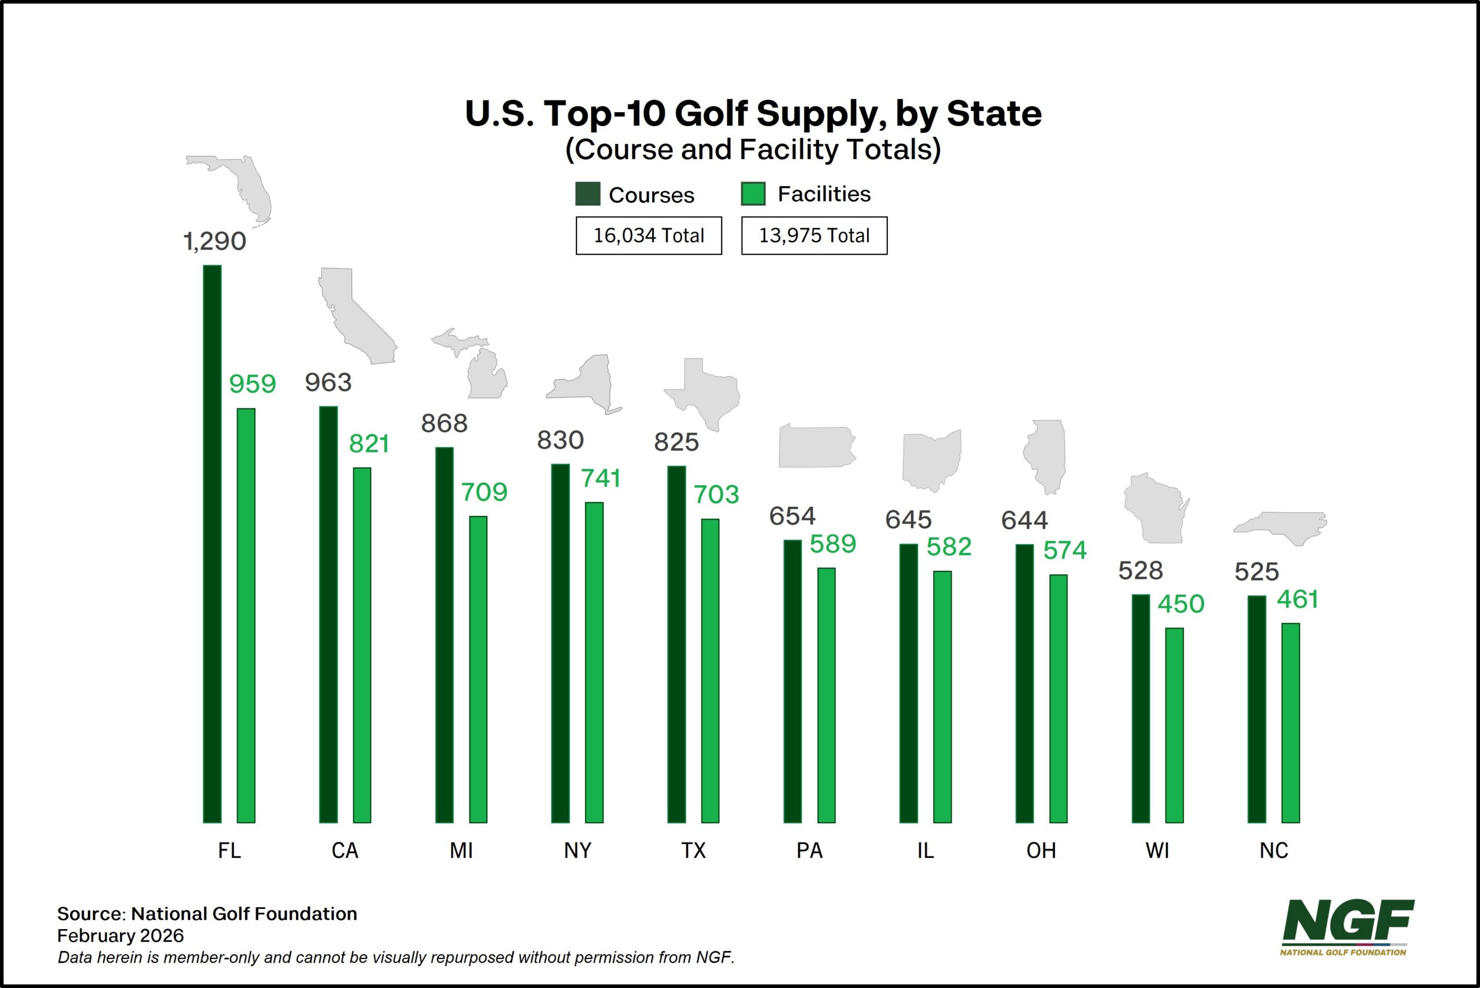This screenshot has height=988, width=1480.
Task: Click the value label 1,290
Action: click(214, 242)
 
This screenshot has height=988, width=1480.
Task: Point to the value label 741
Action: click(600, 479)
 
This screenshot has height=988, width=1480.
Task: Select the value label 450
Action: click(1181, 604)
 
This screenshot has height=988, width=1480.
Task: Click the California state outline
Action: click(353, 315)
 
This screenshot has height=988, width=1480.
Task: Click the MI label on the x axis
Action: click(461, 850)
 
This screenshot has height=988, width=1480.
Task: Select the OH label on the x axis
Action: click(1041, 850)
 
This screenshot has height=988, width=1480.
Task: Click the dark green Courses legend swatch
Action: click(587, 194)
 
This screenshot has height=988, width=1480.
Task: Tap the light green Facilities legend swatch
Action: click(753, 194)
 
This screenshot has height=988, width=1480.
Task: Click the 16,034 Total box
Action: click(649, 236)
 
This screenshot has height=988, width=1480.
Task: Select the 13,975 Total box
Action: click(814, 236)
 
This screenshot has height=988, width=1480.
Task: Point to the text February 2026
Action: click(120, 935)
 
